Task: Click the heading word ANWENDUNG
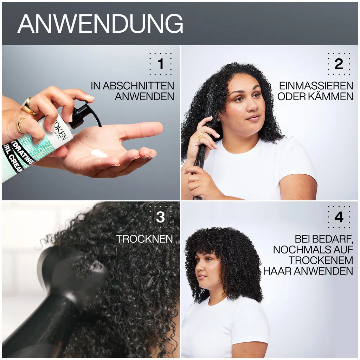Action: (x=100, y=24)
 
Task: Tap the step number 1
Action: (x=161, y=64)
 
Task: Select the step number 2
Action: (x=339, y=64)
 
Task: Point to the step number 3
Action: (x=160, y=217)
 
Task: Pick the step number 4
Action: (x=339, y=217)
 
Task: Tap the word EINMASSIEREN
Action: (x=316, y=86)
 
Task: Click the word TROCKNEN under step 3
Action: (x=144, y=239)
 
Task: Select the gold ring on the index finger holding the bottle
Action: (x=28, y=106)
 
